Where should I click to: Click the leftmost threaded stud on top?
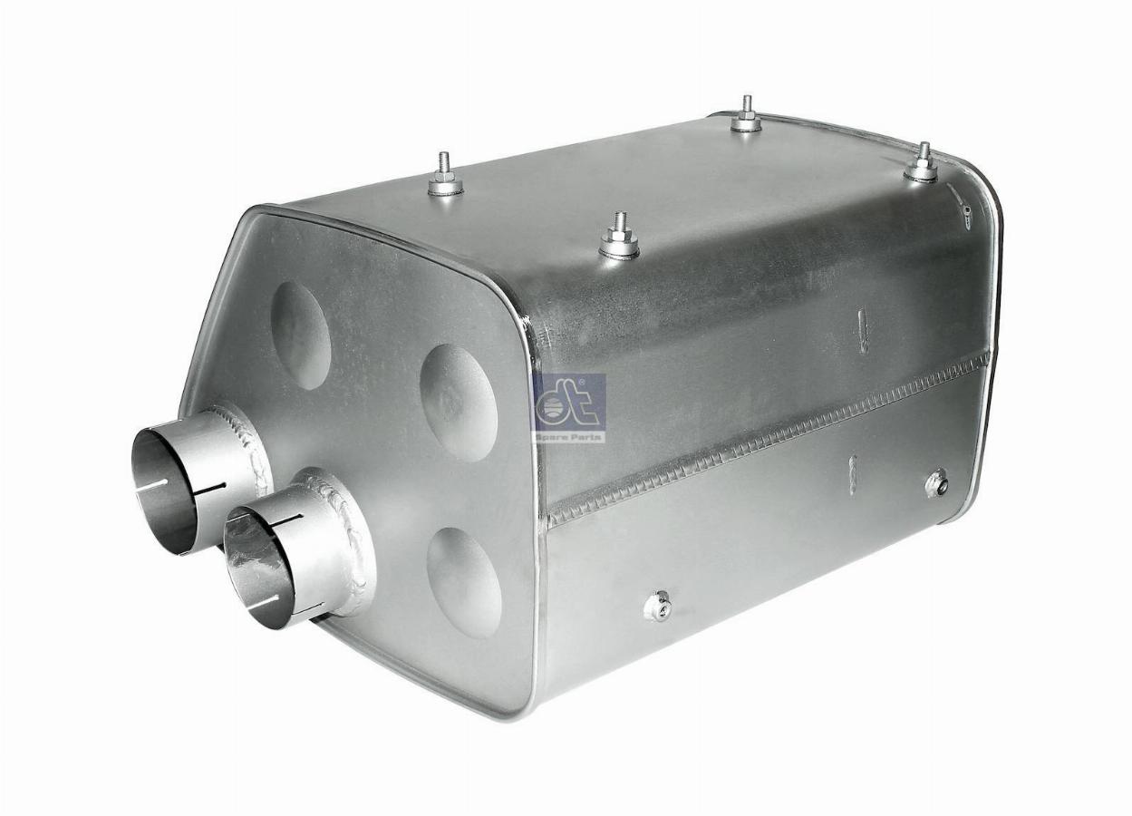pyautogui.click(x=445, y=174)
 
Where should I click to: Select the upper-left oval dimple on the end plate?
pyautogui.click(x=300, y=335)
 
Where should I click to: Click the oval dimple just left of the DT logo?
pyautogui.click(x=459, y=403)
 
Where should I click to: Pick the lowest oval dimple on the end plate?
pyautogui.click(x=464, y=582)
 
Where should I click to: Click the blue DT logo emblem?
pyautogui.click(x=569, y=402)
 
